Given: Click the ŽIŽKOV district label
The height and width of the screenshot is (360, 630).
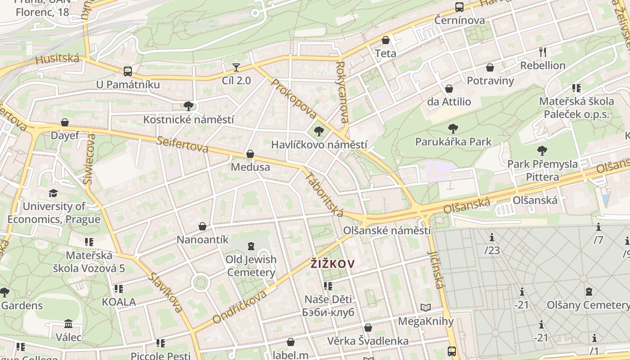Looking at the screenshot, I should coord(333,264).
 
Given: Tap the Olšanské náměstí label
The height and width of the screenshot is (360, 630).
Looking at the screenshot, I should coord(387,230).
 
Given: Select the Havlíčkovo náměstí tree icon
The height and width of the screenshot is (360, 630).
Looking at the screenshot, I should coord(319,131).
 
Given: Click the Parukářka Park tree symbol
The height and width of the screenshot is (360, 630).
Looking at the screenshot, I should coord(453,129).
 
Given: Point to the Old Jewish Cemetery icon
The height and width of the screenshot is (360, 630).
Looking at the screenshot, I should coord(251,246).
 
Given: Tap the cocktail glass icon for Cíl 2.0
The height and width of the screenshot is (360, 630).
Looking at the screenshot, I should coord(236,67).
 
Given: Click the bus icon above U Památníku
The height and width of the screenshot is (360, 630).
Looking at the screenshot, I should coord(128,71).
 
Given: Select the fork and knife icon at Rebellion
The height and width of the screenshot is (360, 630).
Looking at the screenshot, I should coord(543,52).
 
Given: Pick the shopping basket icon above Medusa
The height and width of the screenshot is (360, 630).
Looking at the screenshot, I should coord(250,154).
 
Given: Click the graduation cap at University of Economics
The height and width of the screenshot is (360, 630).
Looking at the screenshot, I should coord(54,193).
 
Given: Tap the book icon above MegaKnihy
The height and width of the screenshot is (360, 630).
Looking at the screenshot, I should coord(426,308).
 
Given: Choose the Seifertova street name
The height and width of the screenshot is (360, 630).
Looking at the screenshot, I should coord(183,144).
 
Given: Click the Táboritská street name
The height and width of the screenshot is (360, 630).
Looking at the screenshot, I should coord(324,193).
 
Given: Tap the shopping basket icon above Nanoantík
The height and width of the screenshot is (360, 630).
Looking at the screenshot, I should coord(202,226).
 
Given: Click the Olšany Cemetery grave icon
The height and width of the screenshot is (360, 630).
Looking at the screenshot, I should coord(589,292).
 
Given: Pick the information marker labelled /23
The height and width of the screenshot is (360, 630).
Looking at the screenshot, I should coord(492,237).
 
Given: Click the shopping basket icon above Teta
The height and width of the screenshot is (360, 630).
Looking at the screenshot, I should coord(385,40).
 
